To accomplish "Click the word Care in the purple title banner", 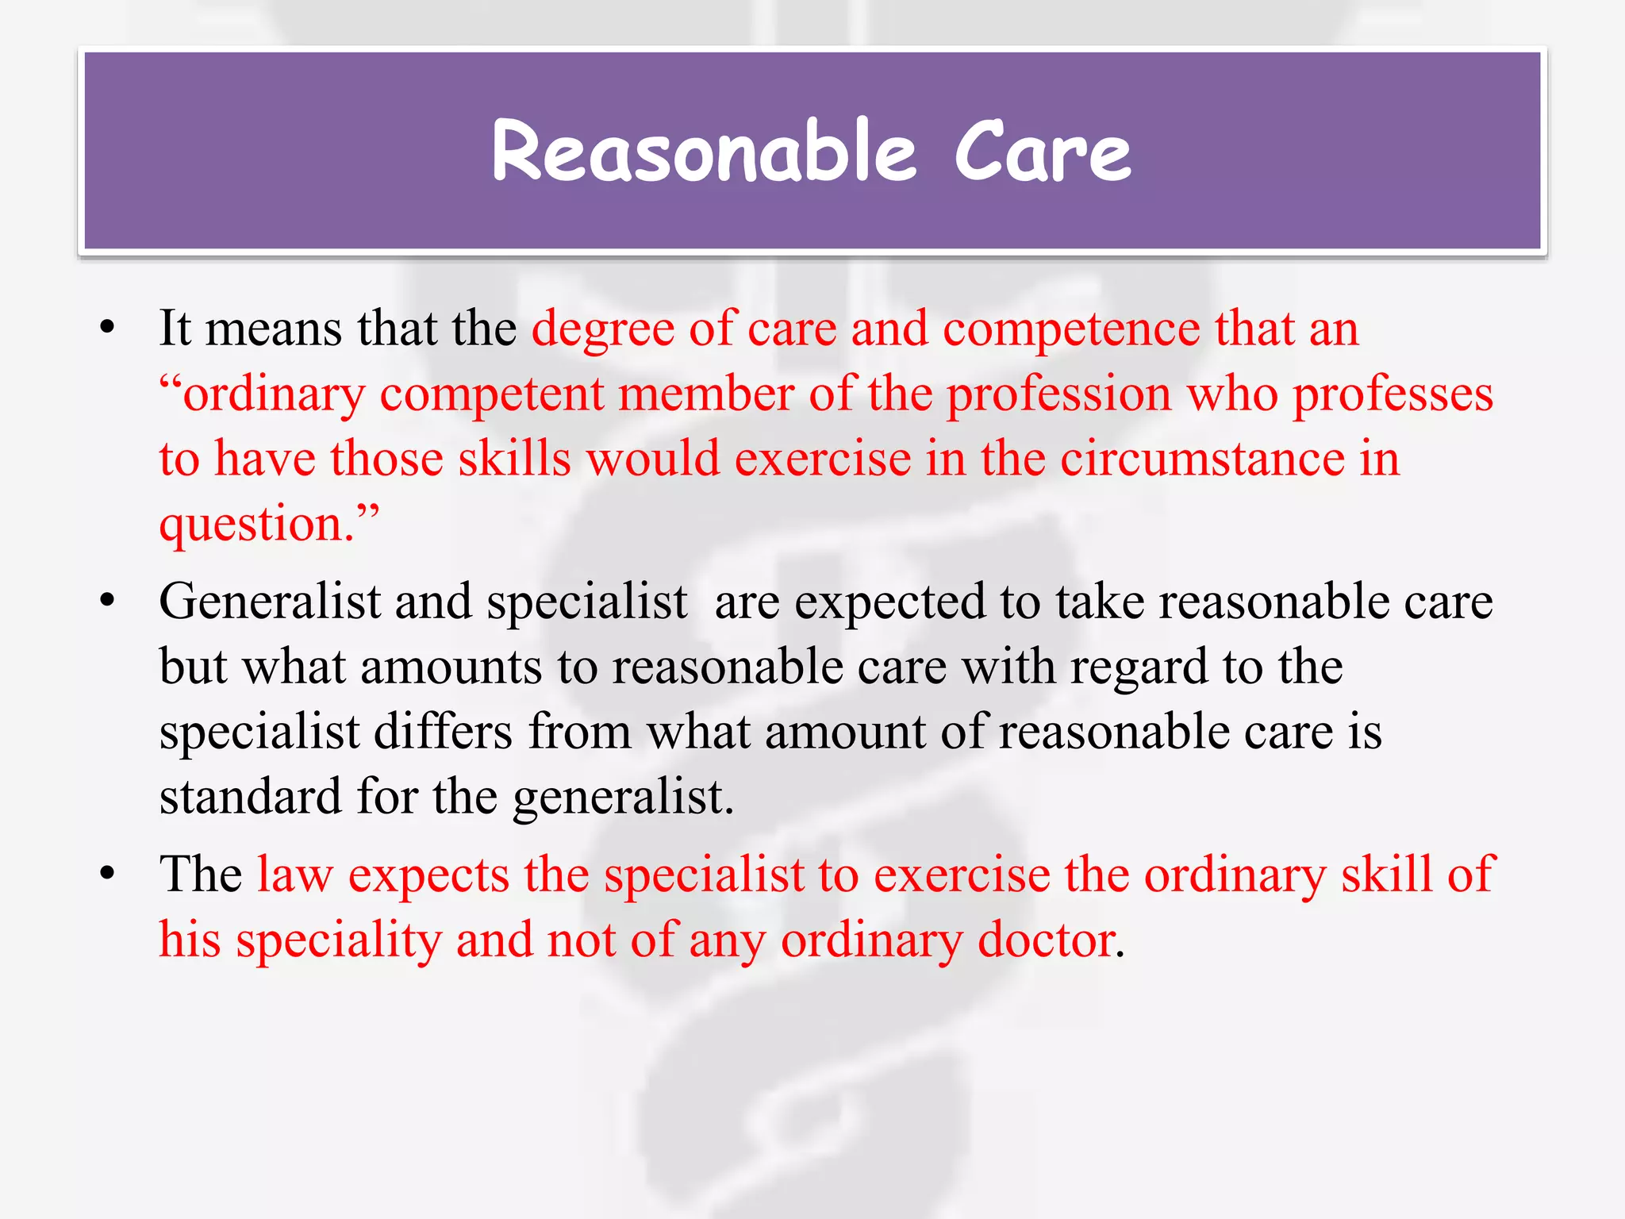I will click(1042, 151).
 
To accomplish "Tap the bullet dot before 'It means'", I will click(108, 328).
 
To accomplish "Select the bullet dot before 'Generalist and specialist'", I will click(108, 601).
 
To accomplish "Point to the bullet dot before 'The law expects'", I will click(108, 874).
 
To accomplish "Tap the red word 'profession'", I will click(1058, 394).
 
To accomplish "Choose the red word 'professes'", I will click(1393, 394).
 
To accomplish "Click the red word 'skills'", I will click(514, 460).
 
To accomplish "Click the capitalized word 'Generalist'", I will click(270, 602).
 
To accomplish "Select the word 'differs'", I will click(443, 732).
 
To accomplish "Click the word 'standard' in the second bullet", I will click(250, 797).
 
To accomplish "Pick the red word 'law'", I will click(294, 875).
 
